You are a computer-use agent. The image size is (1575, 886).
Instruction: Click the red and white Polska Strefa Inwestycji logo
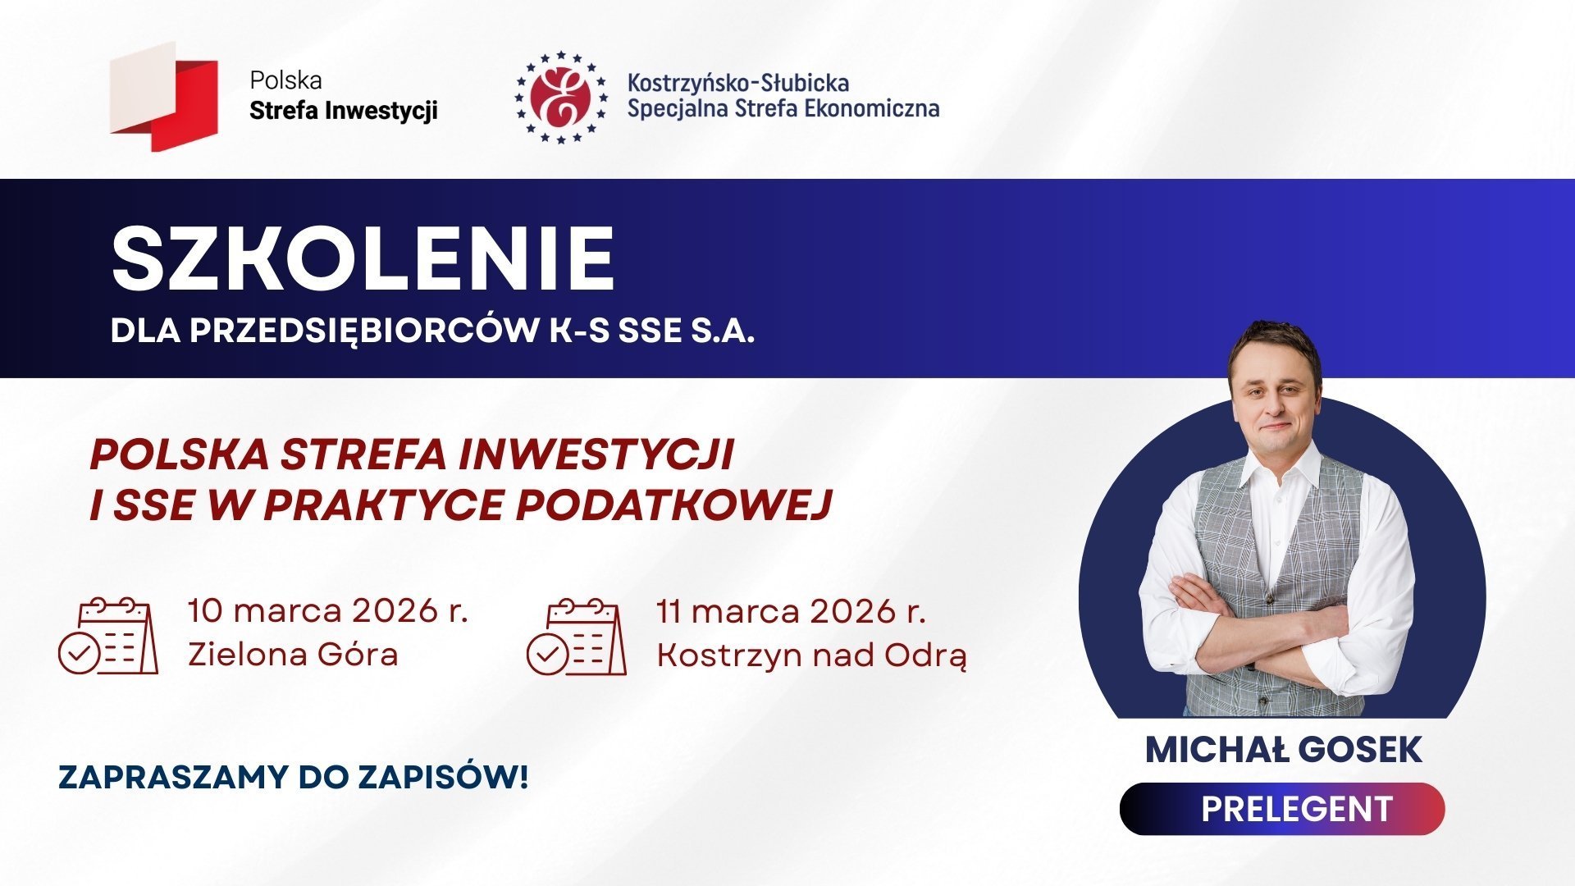click(x=164, y=97)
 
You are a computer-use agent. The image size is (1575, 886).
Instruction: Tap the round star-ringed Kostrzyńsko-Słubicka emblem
click(x=561, y=97)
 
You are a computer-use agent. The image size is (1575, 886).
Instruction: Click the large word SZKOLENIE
click(x=363, y=258)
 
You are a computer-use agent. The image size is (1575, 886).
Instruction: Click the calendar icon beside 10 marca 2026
click(x=108, y=637)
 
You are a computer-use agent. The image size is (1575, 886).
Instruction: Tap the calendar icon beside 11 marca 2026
click(x=576, y=637)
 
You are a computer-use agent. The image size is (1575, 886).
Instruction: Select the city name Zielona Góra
click(x=293, y=655)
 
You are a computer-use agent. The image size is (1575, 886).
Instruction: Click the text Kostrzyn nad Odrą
click(x=811, y=655)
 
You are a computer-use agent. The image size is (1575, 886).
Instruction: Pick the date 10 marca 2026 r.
click(x=327, y=611)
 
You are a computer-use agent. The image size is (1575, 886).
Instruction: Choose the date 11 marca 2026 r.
click(x=791, y=611)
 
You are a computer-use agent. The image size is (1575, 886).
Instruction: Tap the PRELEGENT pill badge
click(x=1281, y=809)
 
